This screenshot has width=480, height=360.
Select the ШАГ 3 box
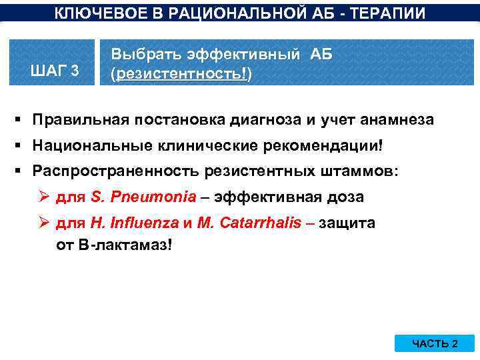click(x=56, y=70)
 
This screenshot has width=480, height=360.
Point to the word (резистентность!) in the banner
click(x=181, y=75)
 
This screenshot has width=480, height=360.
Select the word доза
click(x=348, y=197)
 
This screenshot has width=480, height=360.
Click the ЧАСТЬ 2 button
click(x=435, y=343)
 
